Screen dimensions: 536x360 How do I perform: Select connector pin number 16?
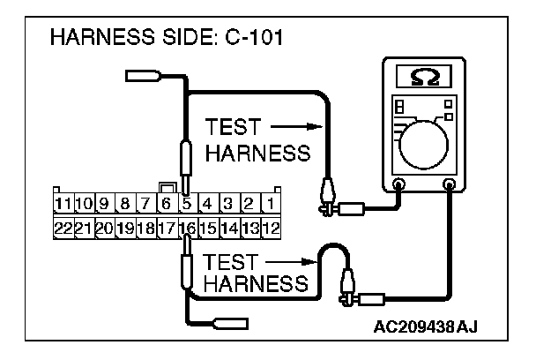click(187, 228)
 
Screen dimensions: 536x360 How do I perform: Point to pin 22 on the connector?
click(63, 228)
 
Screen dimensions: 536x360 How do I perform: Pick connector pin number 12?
click(272, 228)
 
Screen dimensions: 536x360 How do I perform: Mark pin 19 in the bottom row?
click(125, 228)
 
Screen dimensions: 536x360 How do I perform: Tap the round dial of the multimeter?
click(424, 140)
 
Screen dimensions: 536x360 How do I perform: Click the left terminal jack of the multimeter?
click(398, 185)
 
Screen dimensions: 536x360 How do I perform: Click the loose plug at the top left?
click(143, 77)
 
